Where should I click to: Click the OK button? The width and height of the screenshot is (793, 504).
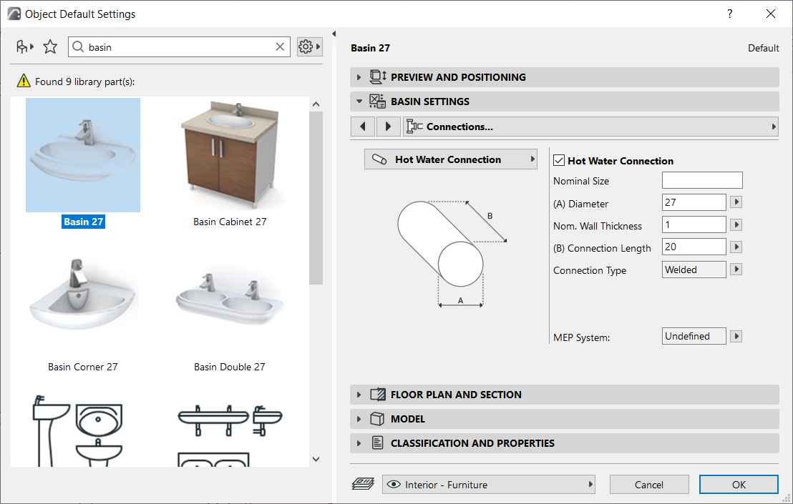click(x=739, y=485)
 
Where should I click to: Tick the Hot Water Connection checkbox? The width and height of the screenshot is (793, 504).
click(x=560, y=161)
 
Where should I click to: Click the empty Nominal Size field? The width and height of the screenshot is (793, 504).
click(x=701, y=180)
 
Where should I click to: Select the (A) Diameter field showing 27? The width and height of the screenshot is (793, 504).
click(x=694, y=203)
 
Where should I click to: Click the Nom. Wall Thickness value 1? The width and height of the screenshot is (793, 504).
click(x=694, y=225)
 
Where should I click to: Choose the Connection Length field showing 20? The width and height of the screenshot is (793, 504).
click(x=694, y=247)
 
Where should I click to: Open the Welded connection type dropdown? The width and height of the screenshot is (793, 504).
click(x=694, y=270)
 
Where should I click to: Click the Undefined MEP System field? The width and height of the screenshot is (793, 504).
click(x=694, y=336)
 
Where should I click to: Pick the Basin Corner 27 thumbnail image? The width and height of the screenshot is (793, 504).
click(x=83, y=297)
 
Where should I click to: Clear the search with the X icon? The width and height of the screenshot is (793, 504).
click(x=280, y=47)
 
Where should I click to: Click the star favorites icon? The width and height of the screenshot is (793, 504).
click(x=50, y=47)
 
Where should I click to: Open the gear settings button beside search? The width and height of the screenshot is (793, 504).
click(x=308, y=47)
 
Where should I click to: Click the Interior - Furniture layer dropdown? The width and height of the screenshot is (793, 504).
click(x=490, y=485)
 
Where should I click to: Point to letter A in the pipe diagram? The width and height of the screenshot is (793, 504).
click(x=461, y=300)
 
